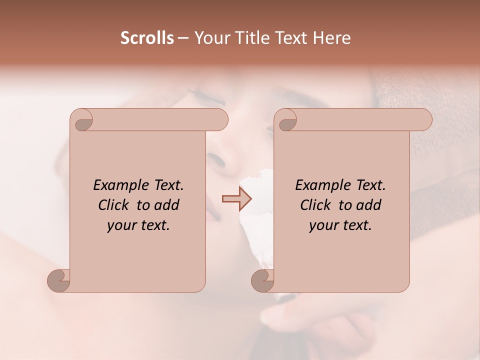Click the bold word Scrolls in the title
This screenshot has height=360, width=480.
147,38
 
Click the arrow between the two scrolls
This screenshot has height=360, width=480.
236,198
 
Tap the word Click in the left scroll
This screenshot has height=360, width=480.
114,205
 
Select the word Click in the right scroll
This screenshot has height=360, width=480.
316,205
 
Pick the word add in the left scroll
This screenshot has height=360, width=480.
167,205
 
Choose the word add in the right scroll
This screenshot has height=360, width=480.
369,205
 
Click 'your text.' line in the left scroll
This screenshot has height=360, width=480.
138,225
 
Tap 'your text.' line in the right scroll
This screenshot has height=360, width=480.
340,225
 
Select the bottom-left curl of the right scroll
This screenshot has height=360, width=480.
263,280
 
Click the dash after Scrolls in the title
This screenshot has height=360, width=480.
183,38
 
